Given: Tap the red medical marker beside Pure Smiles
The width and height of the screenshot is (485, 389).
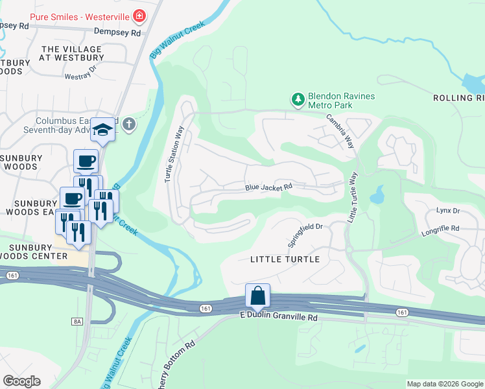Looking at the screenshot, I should [138, 15].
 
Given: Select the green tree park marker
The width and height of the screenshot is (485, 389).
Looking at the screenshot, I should [298, 100].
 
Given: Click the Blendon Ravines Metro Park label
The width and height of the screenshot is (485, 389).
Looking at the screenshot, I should [341, 100].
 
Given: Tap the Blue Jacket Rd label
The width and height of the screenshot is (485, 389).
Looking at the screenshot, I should [268, 187].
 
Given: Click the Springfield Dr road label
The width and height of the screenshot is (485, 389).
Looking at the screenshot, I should [305, 234].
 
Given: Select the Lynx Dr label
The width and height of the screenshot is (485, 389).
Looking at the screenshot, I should [447, 211].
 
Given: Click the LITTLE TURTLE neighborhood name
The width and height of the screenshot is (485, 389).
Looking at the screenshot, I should [285, 259].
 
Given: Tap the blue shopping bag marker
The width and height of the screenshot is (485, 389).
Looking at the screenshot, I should [257, 296].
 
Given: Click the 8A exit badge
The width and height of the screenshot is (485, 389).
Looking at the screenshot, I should [78, 321].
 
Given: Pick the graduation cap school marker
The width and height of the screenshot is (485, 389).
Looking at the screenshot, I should [102, 130].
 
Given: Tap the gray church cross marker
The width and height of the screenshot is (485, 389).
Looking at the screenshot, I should [129, 124].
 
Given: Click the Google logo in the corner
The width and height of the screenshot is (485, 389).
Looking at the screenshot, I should [21, 381].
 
